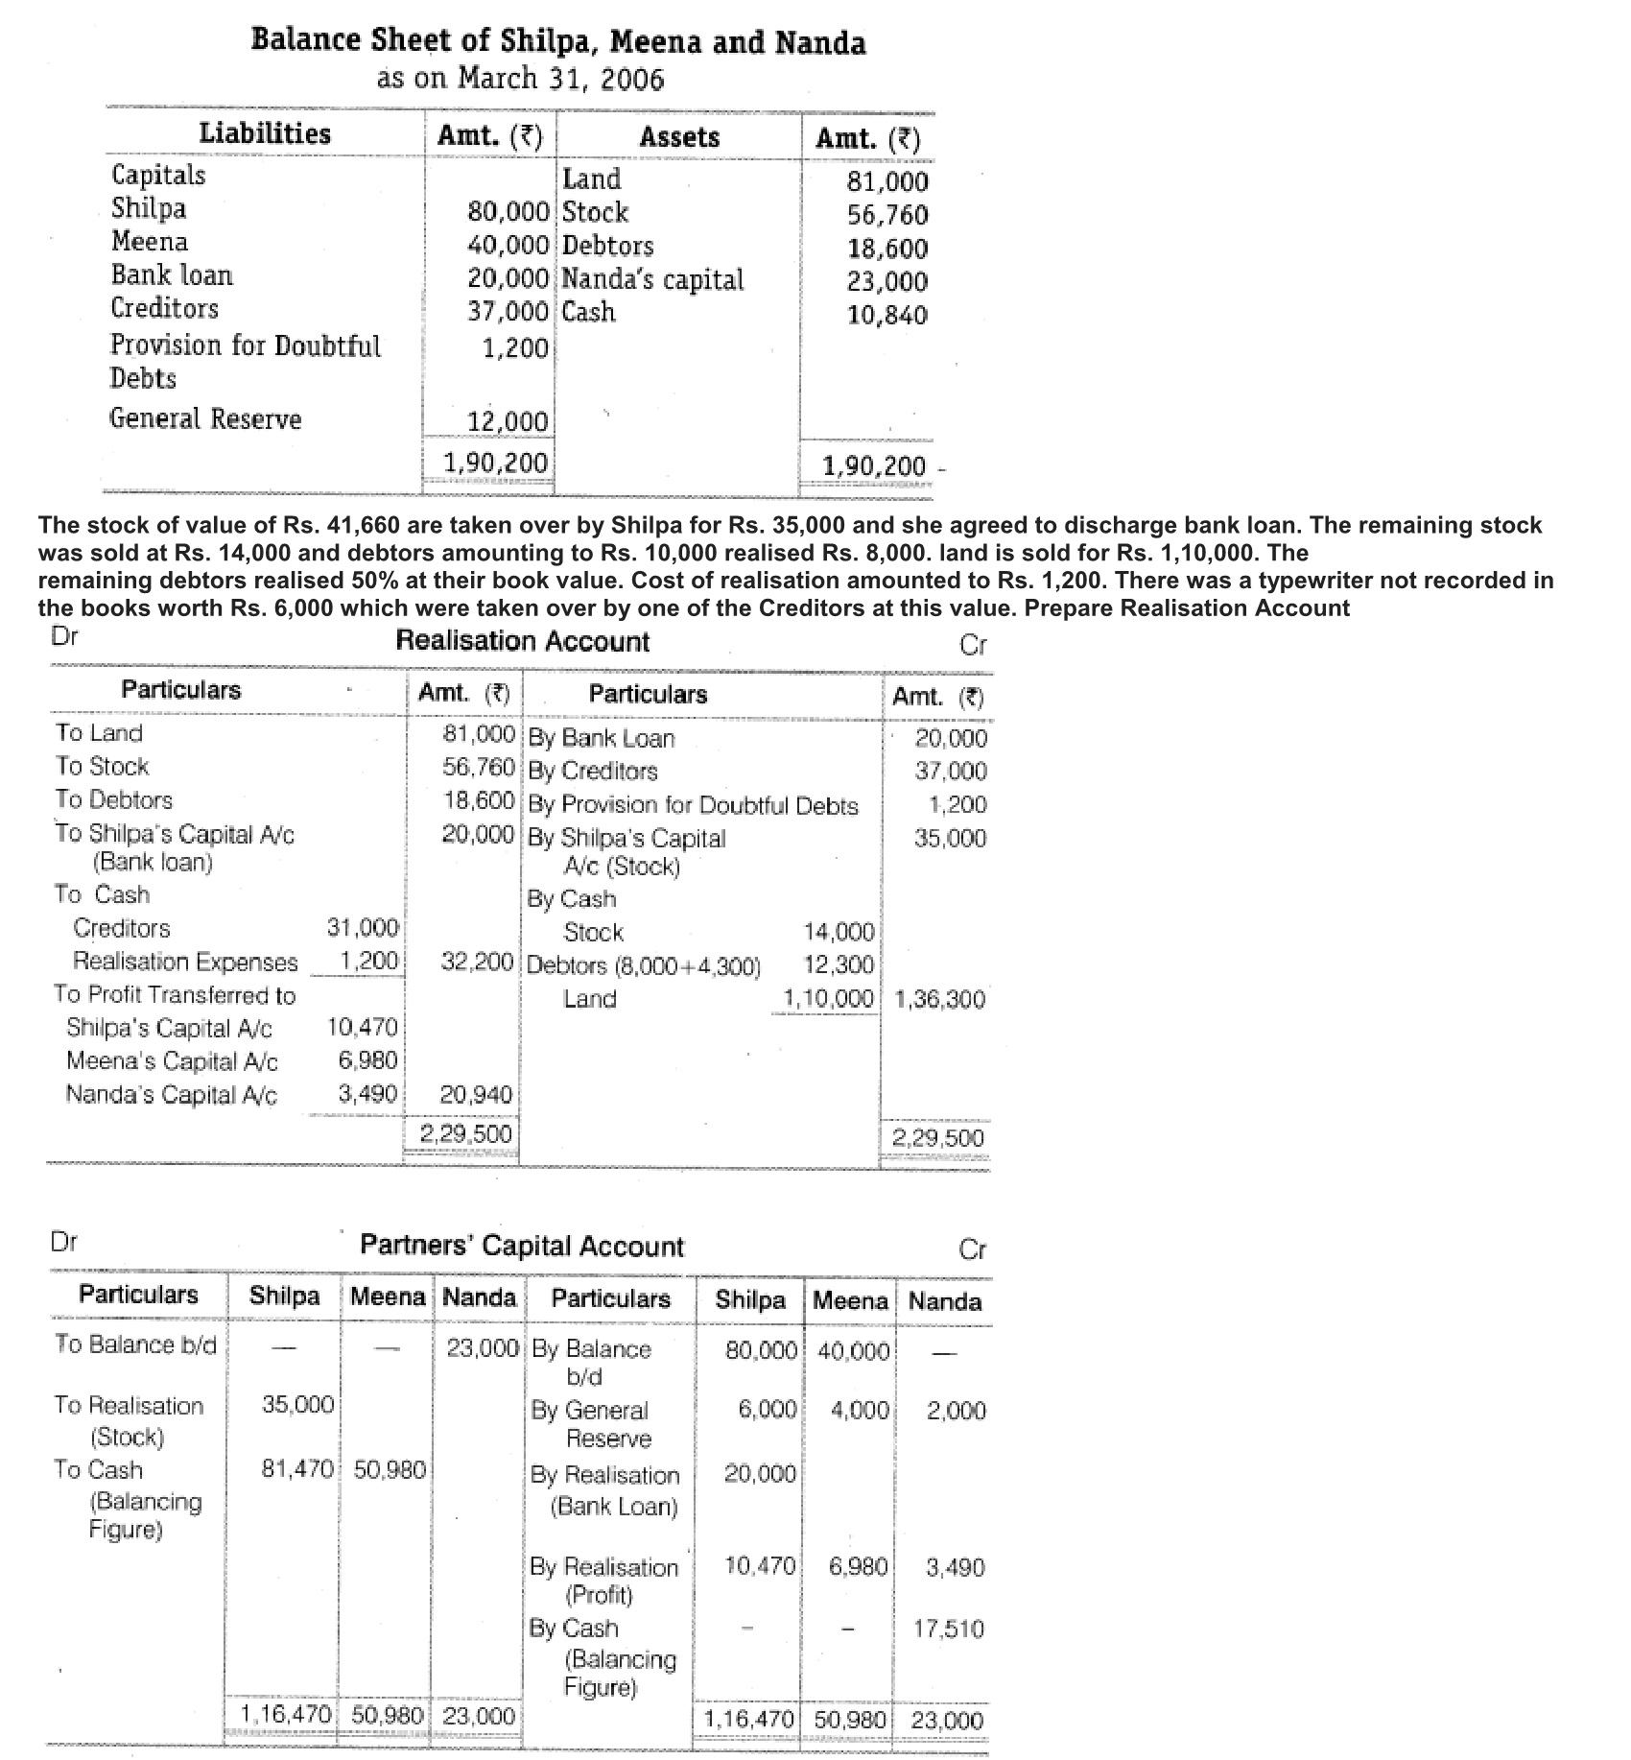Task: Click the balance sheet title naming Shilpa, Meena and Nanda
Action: point(557,42)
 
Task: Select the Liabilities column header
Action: point(265,133)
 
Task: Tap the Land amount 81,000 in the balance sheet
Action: point(887,181)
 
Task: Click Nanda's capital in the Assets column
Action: point(652,279)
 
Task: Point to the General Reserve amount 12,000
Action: point(508,421)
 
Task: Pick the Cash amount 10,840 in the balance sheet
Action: point(887,314)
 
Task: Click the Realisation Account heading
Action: point(523,641)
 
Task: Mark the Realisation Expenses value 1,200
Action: point(369,961)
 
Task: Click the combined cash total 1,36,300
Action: point(939,999)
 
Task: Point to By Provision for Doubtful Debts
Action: point(693,805)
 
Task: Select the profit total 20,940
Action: point(476,1094)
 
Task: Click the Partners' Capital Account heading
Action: point(522,1246)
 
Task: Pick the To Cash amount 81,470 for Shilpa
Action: point(297,1469)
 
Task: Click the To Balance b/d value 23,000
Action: point(483,1347)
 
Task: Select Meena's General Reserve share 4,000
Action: point(862,1410)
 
